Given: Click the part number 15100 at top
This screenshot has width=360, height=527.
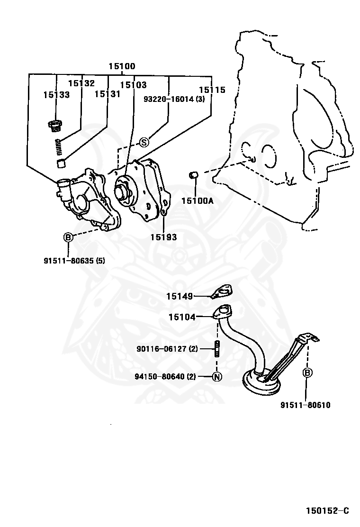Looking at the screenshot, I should click(x=122, y=66).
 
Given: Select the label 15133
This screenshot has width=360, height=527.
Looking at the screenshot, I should click(x=56, y=94).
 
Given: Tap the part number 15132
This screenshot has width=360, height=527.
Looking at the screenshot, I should click(x=81, y=83).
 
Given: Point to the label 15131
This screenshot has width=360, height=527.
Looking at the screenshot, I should click(x=107, y=94).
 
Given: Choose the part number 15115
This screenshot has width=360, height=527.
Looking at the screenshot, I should click(x=212, y=90).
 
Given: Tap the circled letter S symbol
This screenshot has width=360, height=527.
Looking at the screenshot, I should click(x=144, y=142).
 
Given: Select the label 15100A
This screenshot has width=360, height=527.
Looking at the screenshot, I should click(x=197, y=200).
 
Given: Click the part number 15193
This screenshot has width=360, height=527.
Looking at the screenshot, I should click(x=163, y=237).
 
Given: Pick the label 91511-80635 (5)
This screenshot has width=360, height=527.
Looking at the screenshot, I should click(x=74, y=260).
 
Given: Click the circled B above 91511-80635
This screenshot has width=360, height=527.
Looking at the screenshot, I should click(x=68, y=237).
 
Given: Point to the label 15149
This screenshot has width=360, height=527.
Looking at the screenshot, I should click(x=180, y=297).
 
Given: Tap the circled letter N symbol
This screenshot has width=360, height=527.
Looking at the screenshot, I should click(x=216, y=377).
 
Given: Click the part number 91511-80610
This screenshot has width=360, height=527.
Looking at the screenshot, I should click(x=305, y=405).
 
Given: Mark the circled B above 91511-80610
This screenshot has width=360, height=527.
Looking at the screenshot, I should click(x=307, y=373).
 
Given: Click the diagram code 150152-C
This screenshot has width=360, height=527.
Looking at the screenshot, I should click(x=327, y=510).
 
